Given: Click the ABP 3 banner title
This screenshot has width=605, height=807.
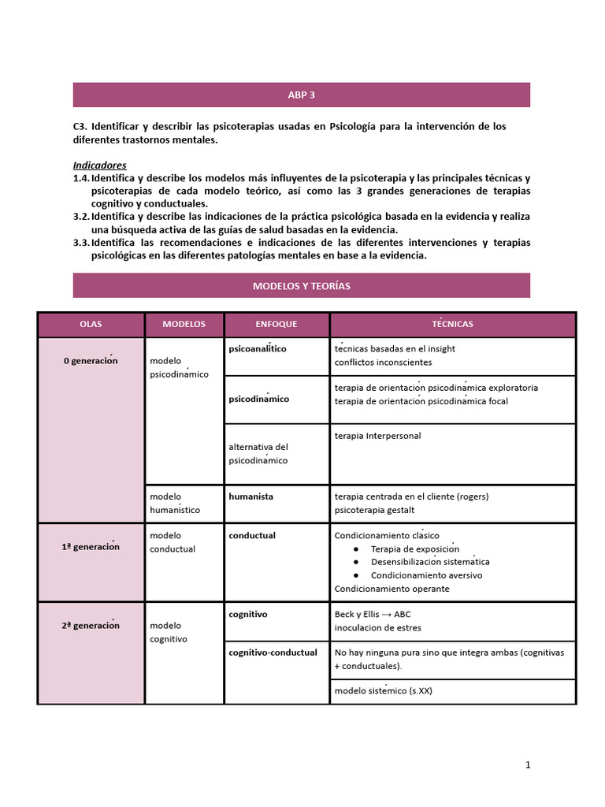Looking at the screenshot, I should (x=301, y=95).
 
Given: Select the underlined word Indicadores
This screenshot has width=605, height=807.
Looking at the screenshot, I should (x=99, y=165).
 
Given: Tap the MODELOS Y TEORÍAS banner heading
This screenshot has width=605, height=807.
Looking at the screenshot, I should (x=301, y=286).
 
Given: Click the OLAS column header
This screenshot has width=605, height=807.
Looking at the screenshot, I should (x=91, y=325).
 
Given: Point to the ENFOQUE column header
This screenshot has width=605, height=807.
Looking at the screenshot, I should (x=277, y=325).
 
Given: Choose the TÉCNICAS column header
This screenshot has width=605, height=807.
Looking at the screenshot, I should (x=452, y=325).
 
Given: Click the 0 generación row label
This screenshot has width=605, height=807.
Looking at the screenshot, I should (x=91, y=361).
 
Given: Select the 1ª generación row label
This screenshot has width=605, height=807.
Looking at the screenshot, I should (x=91, y=547).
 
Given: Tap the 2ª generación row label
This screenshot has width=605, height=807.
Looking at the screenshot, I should (x=91, y=626).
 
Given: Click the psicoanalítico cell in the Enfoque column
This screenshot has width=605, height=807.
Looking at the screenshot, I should (x=258, y=348).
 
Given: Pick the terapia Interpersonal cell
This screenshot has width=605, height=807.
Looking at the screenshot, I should (x=377, y=436).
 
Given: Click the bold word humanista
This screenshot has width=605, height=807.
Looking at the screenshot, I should (x=251, y=496).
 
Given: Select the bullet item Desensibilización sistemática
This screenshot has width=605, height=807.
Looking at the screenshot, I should (x=430, y=562).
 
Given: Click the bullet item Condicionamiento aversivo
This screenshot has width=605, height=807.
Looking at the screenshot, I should (x=426, y=575).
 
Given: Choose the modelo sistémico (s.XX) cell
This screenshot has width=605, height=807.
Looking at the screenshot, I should (x=383, y=691).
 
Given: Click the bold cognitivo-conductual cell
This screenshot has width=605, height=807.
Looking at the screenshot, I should (x=273, y=653).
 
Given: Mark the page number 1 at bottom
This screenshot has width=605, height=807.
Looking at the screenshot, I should (x=529, y=764).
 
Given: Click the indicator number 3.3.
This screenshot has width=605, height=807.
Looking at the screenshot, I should (x=81, y=243).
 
